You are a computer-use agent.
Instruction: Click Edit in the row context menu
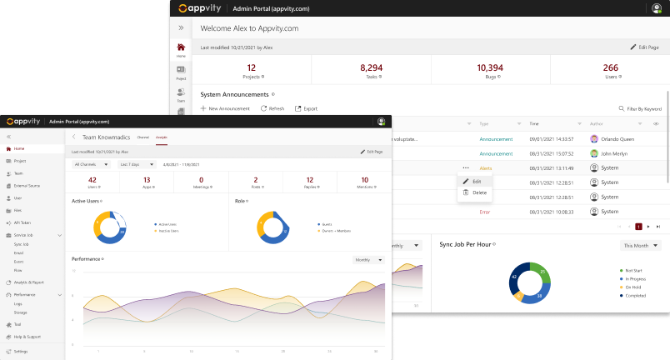point(476,181)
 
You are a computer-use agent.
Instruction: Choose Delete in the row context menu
point(478,192)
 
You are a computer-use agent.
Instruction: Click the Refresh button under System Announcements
point(272,108)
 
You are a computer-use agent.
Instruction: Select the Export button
point(307,108)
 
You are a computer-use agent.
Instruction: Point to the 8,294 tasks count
point(371,67)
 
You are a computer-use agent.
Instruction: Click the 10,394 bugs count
point(490,67)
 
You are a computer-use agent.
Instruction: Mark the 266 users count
point(610,67)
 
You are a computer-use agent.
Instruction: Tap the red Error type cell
point(484,212)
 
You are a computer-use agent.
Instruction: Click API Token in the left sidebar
point(22,222)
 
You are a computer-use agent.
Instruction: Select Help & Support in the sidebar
point(28,337)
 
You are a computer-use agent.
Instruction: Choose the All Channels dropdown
point(92,164)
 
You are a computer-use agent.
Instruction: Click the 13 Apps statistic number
point(147,180)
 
